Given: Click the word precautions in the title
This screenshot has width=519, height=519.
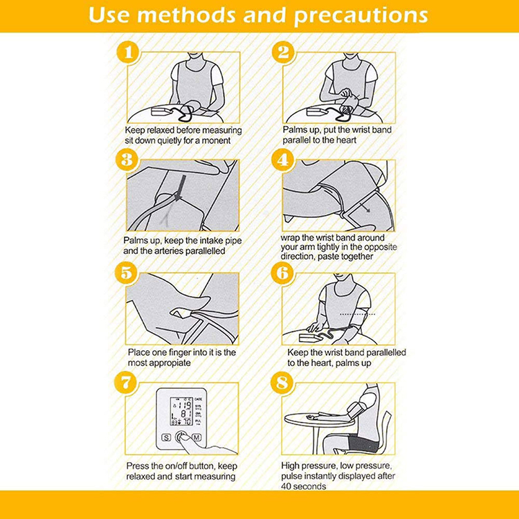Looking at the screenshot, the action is tap(361, 15).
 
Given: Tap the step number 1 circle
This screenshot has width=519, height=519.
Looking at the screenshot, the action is tap(128, 52).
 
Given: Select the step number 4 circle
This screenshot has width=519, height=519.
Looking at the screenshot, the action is tap(283, 161).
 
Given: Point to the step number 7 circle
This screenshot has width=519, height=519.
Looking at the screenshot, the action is tap(126, 383).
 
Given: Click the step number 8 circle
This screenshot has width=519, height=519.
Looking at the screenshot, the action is tap(282, 383).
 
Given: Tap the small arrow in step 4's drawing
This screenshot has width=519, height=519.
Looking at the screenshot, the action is tap(365, 208).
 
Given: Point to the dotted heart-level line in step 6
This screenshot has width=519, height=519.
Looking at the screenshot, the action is tap(358, 314).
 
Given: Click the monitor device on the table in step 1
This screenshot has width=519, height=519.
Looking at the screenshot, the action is tap(161, 111).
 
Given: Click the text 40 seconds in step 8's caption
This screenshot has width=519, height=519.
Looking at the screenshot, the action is tap(304, 486).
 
